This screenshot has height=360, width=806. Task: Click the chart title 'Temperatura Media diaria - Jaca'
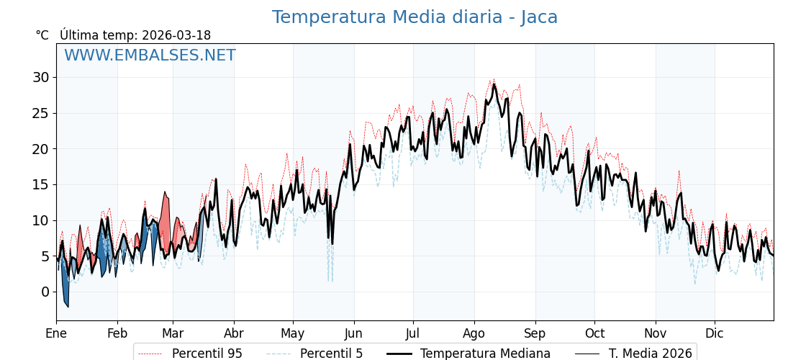(415, 17)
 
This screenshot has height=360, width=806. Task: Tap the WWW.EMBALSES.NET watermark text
(150, 55)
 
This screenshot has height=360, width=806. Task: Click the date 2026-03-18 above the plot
(176, 35)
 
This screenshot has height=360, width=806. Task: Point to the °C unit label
(42, 35)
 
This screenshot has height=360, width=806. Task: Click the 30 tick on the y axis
(41, 78)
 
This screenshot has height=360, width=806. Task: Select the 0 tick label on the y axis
(45, 292)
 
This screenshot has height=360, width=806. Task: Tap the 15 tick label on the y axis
(41, 184)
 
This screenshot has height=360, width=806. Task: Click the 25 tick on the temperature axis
(41, 113)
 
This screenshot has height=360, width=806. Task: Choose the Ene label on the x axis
(56, 334)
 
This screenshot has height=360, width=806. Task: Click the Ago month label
(474, 334)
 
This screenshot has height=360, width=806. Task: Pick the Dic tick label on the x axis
(715, 334)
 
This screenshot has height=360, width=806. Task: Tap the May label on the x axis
(293, 334)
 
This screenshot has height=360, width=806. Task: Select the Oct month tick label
(594, 334)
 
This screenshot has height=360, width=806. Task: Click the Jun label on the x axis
(353, 334)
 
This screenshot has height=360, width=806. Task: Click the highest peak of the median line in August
(494, 85)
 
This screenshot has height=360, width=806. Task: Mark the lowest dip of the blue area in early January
(68, 307)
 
